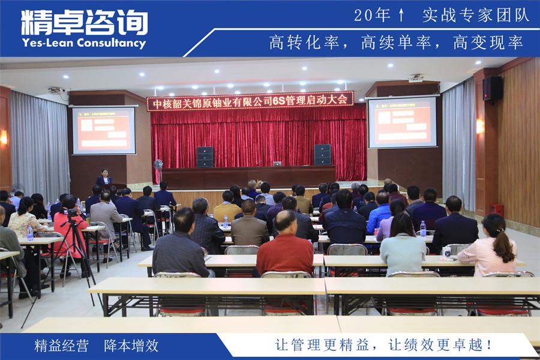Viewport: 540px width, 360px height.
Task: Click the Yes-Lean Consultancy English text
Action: (x=83, y=43)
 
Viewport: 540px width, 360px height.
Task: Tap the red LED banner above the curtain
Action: (x=250, y=101)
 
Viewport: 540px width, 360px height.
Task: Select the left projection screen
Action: (x=104, y=130)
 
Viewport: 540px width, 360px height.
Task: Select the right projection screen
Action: (x=402, y=122)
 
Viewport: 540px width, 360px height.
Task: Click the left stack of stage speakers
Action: (x=205, y=157)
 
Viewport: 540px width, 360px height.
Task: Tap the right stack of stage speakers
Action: (x=322, y=154)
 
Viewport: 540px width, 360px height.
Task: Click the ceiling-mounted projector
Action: (x=415, y=78)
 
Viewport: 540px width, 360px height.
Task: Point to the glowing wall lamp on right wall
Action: (x=479, y=126)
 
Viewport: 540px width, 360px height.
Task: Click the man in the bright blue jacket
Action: (x=379, y=214)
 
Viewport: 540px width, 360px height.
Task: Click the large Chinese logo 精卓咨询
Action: (x=84, y=22)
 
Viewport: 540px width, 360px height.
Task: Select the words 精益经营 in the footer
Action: (x=62, y=346)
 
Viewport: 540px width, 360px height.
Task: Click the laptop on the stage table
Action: (x=277, y=163)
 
